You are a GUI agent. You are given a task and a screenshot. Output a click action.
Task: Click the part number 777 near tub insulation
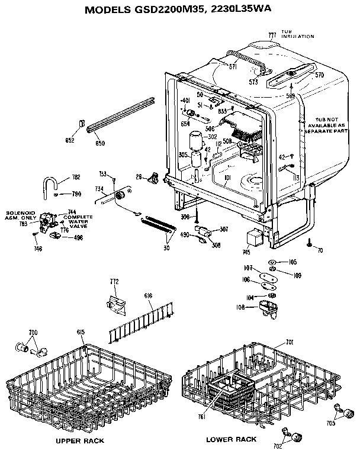272,35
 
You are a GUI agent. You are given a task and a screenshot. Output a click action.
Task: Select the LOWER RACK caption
231,439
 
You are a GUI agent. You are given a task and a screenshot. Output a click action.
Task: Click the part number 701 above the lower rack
290,342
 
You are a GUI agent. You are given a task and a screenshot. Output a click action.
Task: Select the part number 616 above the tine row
149,294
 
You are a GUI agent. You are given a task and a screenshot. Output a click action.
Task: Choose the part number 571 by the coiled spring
233,68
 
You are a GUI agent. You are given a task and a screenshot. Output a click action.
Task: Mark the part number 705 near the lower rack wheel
330,423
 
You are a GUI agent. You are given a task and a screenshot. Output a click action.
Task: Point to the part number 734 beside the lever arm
98,189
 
